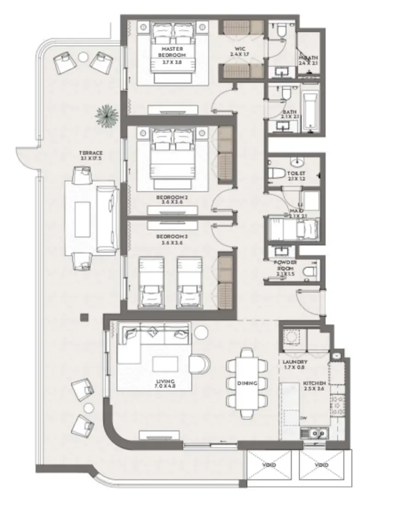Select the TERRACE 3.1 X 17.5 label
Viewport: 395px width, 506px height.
(91, 155)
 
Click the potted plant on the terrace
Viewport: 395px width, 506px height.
(107, 115)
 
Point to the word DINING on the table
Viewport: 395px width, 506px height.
(247, 383)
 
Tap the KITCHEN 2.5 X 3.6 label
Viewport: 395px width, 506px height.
(314, 385)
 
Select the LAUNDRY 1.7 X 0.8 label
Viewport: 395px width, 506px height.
(295, 365)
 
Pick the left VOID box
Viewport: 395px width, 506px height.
(269, 465)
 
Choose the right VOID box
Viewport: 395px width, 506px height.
(322, 465)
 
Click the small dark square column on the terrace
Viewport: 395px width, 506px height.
(84, 317)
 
